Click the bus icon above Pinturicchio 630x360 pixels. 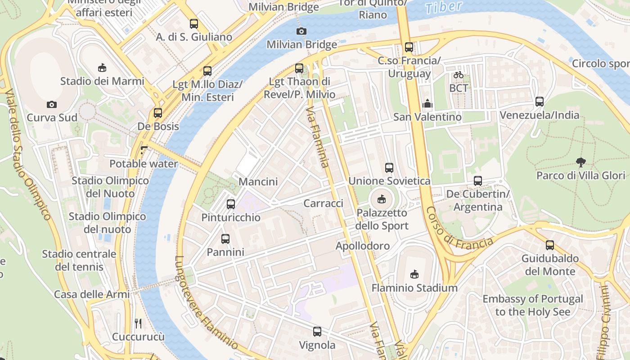pos(231,204)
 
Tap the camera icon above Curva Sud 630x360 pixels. pos(52,104)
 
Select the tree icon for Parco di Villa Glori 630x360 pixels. pos(580,162)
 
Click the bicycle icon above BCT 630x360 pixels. pos(459,75)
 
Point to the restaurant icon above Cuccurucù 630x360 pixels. pos(138,323)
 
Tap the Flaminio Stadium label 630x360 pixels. pos(414,288)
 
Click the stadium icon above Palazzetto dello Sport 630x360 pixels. pos(382,199)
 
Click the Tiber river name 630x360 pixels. pos(443,7)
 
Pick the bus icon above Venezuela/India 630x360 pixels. pos(540,102)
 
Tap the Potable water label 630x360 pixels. pos(144,164)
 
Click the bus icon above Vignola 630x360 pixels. pos(317,332)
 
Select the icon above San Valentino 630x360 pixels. pos(427,103)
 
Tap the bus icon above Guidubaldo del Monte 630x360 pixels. pos(549,245)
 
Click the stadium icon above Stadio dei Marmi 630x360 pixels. pos(102,68)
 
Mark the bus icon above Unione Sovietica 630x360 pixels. pos(389,168)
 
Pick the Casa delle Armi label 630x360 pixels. pos(92,294)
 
